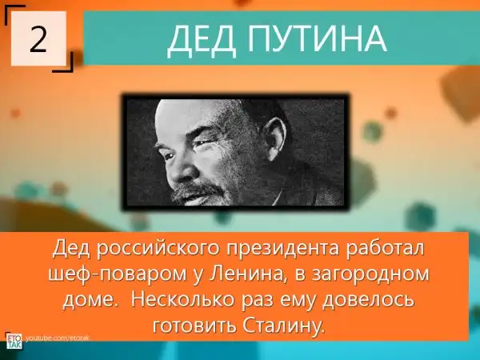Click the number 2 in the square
38,38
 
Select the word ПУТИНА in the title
317,38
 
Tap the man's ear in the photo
275,139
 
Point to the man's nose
183,170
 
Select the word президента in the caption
283,249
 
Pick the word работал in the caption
385,247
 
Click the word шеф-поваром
118,274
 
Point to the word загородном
370,274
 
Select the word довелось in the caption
369,298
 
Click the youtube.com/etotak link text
58,338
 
